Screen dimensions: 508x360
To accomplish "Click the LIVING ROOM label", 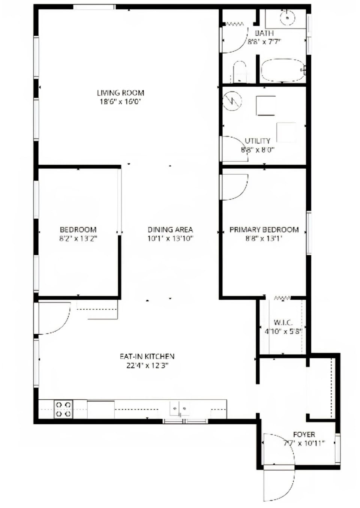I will [x=120, y=93].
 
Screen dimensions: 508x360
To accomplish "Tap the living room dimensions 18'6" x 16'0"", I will [x=120, y=102].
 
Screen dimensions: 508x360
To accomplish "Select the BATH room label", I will [x=264, y=33].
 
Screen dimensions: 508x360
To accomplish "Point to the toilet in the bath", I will [x=239, y=72].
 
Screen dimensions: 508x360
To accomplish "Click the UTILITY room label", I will [x=257, y=141].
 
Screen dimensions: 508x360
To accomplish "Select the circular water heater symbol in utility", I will [x=232, y=101].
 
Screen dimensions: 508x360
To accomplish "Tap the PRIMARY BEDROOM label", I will [x=264, y=229].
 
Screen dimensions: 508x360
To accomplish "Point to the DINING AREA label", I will [x=170, y=229].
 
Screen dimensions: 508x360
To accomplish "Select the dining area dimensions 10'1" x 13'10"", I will [x=170, y=239].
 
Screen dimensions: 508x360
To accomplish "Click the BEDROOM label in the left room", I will [x=78, y=229].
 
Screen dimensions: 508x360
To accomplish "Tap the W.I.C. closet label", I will [x=283, y=322].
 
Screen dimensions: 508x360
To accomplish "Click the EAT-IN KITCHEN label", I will [x=147, y=356].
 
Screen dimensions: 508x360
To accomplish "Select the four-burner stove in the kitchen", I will [x=63, y=409].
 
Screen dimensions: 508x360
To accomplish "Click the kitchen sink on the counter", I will [x=180, y=408].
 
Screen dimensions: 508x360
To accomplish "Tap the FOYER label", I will [x=304, y=435].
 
